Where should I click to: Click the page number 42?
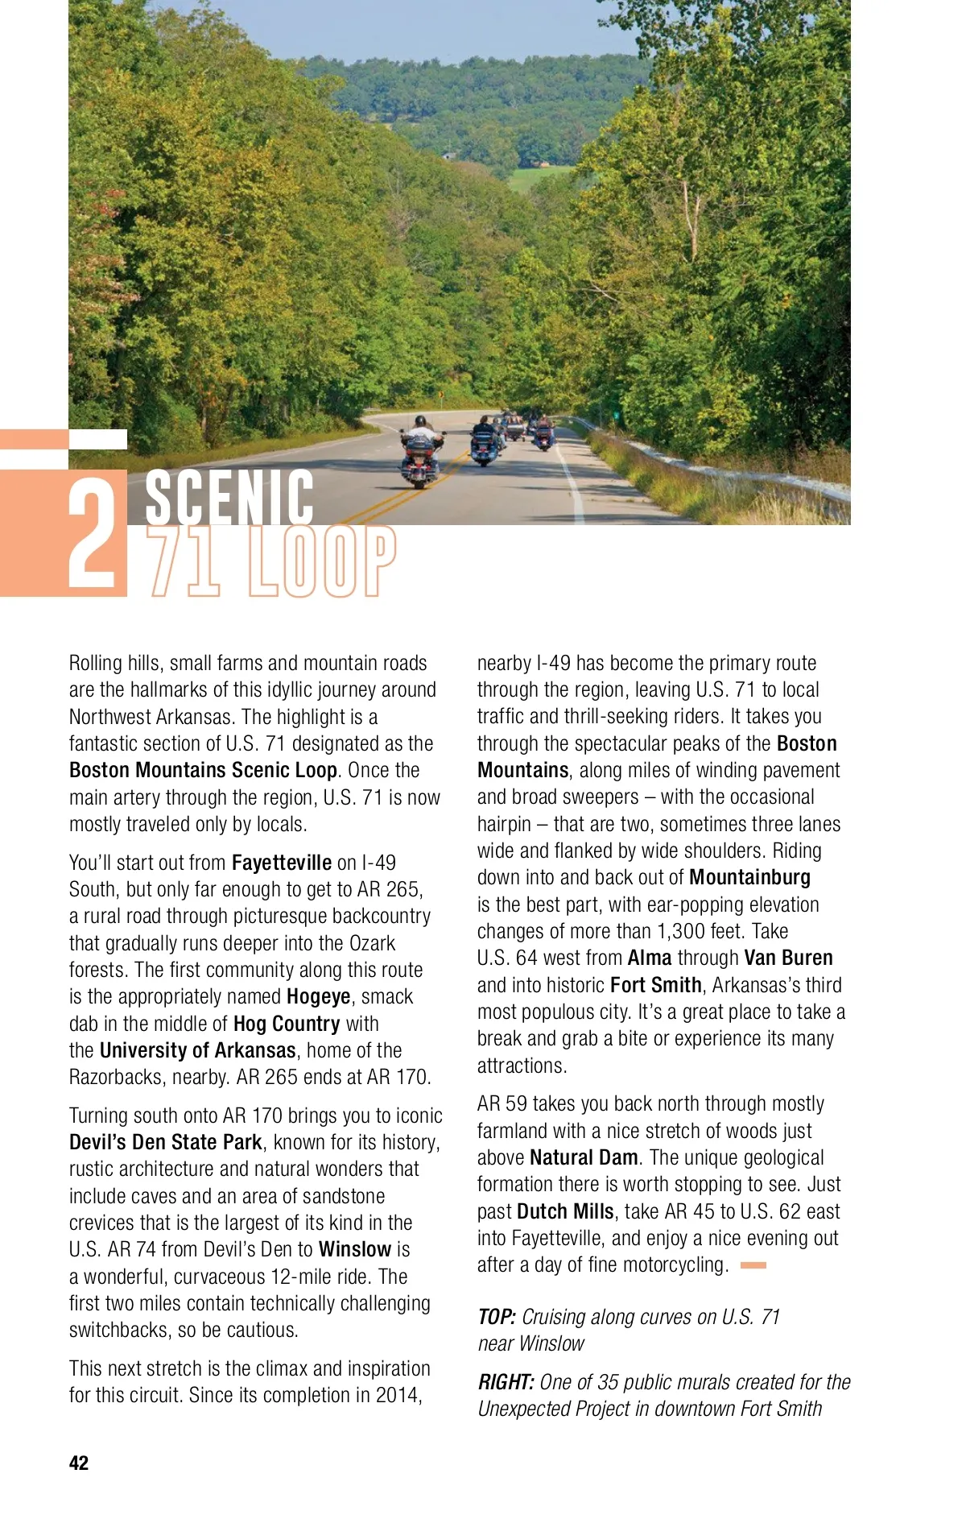coord(79,1463)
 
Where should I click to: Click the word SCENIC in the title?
coord(229,498)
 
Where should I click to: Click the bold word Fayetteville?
coord(281,863)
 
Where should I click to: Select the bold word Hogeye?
coord(319,996)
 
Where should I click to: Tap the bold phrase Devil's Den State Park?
coord(166,1142)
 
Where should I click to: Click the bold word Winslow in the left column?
coord(355,1249)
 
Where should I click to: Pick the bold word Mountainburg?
coord(749,877)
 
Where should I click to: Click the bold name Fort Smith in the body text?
coord(655,985)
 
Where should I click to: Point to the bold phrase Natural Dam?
coord(584,1157)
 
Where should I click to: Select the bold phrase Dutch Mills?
coord(565,1211)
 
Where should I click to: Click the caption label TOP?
coord(497,1317)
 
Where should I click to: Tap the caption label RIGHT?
coord(506,1382)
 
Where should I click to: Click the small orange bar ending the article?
coord(753,1265)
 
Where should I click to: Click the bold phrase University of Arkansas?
coord(198,1050)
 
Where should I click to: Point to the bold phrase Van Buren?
coord(788,958)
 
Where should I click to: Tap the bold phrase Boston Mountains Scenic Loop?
coord(203,770)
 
